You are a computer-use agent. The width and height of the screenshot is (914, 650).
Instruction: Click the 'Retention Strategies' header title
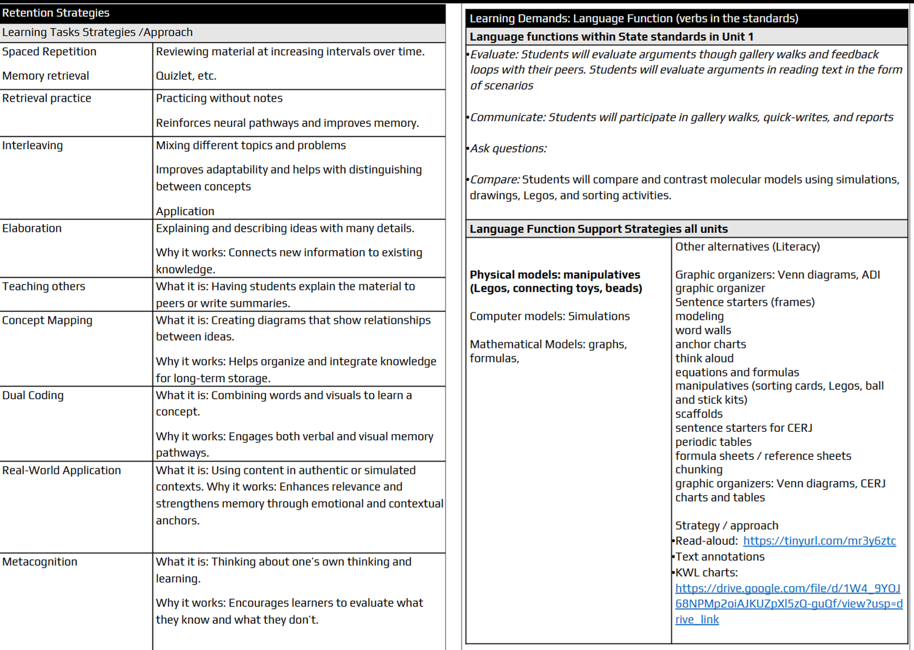pyautogui.click(x=56, y=13)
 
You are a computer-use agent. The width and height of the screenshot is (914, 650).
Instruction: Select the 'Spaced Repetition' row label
pyautogui.click(x=49, y=52)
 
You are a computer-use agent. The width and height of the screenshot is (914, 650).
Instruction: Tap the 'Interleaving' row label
pyautogui.click(x=33, y=146)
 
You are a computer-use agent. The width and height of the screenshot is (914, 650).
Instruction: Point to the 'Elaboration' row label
pyautogui.click(x=32, y=228)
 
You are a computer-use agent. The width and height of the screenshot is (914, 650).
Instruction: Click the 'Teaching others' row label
pyautogui.click(x=43, y=287)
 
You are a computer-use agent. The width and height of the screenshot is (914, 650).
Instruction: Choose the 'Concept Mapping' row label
pyautogui.click(x=47, y=320)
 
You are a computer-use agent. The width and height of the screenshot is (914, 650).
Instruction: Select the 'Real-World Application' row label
pyautogui.click(x=62, y=471)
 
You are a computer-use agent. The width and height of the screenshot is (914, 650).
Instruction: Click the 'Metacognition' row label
pyautogui.click(x=40, y=562)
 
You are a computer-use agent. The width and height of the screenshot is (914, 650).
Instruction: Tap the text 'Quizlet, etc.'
pyautogui.click(x=186, y=76)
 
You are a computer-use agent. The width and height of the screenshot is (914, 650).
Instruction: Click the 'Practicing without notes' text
pyautogui.click(x=219, y=98)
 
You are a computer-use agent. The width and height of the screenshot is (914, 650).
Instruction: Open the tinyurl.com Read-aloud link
pyautogui.click(x=819, y=541)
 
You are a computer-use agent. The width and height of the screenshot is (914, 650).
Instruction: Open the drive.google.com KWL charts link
pyautogui.click(x=788, y=604)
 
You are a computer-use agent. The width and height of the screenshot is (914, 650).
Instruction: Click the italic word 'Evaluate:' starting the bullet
pyautogui.click(x=494, y=55)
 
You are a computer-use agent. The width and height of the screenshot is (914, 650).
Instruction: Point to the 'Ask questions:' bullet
pyautogui.click(x=508, y=149)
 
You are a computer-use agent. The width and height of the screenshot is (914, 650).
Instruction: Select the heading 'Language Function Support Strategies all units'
pyautogui.click(x=599, y=229)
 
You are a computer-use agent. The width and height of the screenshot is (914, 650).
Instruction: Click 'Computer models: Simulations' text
pyautogui.click(x=550, y=316)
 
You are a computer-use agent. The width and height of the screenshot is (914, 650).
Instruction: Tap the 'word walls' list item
pyautogui.click(x=703, y=331)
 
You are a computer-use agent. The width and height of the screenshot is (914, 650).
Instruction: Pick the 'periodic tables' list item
pyautogui.click(x=713, y=442)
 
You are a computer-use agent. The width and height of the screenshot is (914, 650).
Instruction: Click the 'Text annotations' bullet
pyautogui.click(x=720, y=557)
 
